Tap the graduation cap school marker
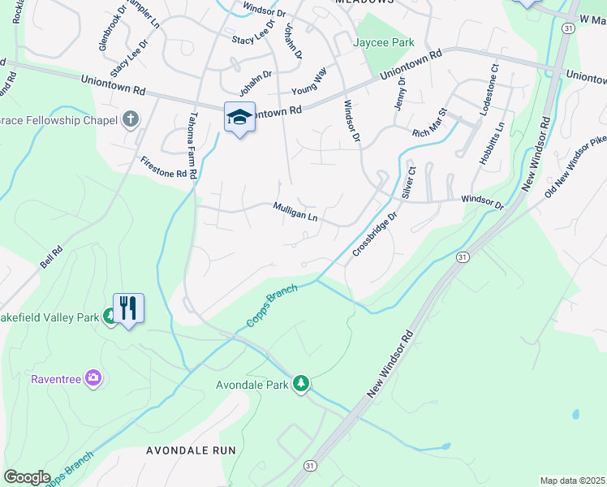pyautogui.click(x=239, y=118)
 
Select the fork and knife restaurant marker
pyautogui.click(x=128, y=309)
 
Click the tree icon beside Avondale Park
pyautogui.click(x=301, y=383)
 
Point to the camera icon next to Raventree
pyautogui.click(x=93, y=377)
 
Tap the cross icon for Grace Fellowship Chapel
pyautogui.click(x=131, y=120)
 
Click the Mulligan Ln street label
pyautogui.click(x=295, y=213)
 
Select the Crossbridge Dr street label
pyautogui.click(x=374, y=235)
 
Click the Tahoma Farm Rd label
pyautogui.click(x=193, y=145)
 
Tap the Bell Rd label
pyautogui.click(x=51, y=259)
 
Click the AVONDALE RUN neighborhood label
pyautogui.click(x=191, y=450)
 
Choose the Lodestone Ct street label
pyautogui.click(x=490, y=90)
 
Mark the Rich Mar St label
pyautogui.click(x=430, y=123)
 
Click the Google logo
pyautogui.click(x=27, y=476)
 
